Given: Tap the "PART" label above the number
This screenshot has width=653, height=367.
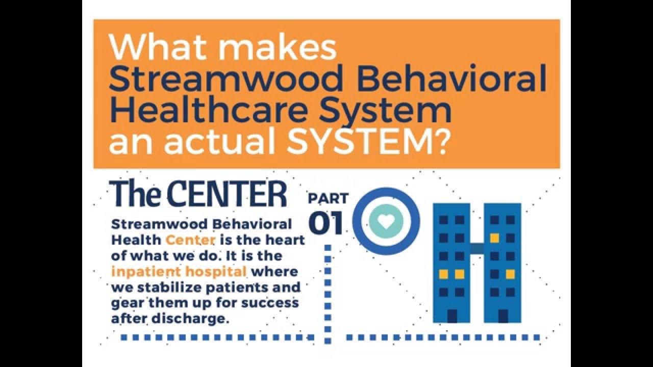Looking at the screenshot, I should click(x=329, y=198).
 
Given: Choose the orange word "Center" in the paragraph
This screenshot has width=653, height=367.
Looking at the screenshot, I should click(x=190, y=240).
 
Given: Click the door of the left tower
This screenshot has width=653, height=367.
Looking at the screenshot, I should click(x=452, y=316).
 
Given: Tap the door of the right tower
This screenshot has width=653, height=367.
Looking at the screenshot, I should click(x=503, y=316).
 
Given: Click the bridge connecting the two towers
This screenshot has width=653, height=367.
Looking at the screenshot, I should click(x=477, y=248).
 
